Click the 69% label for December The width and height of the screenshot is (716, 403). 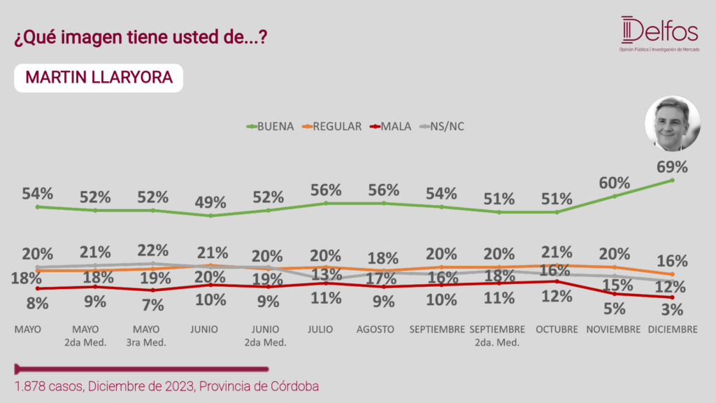click(672, 167)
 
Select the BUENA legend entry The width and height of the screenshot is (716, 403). click(270, 127)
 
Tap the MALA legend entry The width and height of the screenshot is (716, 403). click(390, 127)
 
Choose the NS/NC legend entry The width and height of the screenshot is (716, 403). click(442, 127)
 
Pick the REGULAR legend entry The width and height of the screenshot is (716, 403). click(332, 127)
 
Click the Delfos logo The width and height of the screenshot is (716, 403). click(659, 34)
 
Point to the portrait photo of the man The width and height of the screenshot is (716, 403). click(672, 123)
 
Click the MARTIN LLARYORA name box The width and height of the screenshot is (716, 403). click(99, 78)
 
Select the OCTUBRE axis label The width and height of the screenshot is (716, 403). click(557, 330)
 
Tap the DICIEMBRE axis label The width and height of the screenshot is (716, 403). click(673, 330)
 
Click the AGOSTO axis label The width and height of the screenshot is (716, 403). click(375, 330)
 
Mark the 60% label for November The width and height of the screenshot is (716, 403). click(614, 183)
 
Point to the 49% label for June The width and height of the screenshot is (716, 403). click(210, 202)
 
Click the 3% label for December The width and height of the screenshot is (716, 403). click(672, 310)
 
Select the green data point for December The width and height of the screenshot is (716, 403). click(672, 181)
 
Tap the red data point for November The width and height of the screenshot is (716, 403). click(615, 294)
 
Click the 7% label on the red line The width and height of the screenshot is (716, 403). click(153, 305)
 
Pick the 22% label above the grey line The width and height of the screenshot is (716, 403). click(153, 250)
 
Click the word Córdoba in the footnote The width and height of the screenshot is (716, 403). click(295, 386)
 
